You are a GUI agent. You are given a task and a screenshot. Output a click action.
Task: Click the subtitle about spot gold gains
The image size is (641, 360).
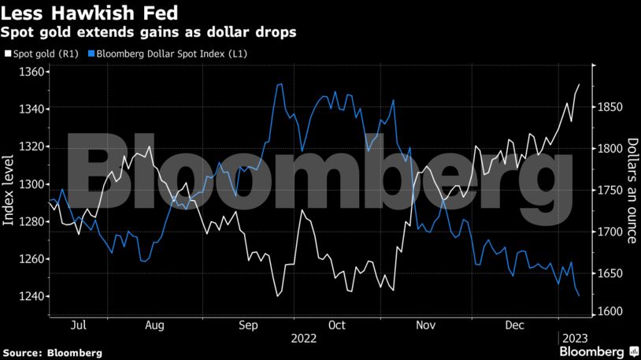coord(149,33)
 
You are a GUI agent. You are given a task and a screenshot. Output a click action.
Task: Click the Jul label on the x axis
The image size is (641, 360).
coord(78,325)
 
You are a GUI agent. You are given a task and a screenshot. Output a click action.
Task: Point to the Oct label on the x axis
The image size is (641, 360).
coord(337,325)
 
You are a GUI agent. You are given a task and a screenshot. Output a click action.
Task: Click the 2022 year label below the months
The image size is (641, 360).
coord(303,338)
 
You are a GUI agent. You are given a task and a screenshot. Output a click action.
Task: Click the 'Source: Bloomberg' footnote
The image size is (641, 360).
coord(52,352)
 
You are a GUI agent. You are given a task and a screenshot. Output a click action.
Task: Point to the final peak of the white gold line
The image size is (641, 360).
coord(580,84)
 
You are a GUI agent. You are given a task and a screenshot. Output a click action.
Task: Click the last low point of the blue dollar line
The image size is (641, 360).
coord(580,296)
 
